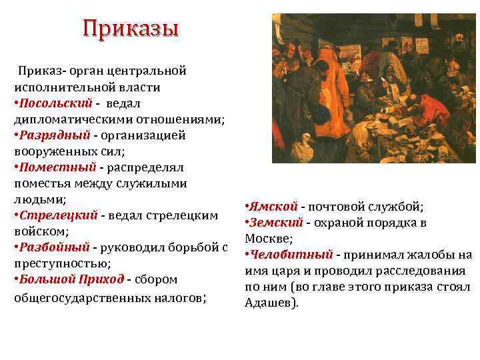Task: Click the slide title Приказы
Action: tap(131, 29)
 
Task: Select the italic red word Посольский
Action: tap(52, 103)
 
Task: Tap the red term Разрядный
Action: tap(52, 135)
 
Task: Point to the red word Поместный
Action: tap(52, 167)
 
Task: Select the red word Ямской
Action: tap(270, 207)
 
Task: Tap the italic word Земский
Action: tap(276, 223)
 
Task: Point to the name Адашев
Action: tap(271, 303)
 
